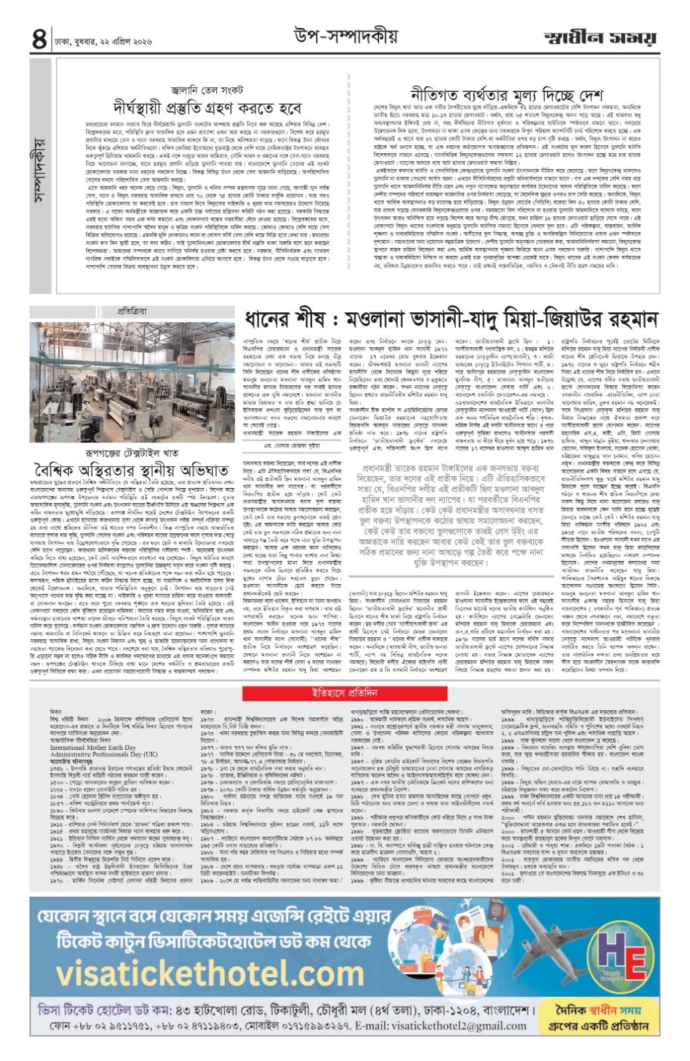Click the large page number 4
point(38,38)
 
